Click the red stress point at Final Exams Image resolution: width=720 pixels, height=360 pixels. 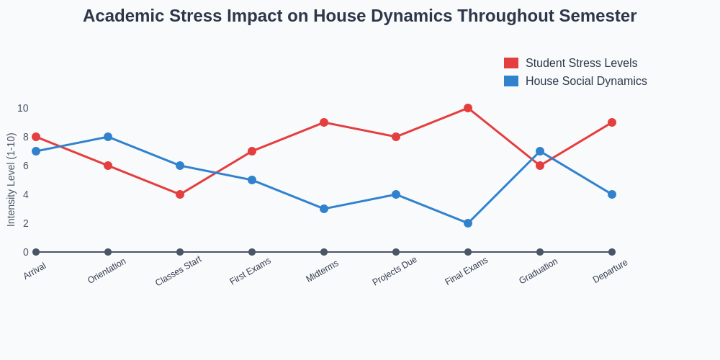[x=468, y=108]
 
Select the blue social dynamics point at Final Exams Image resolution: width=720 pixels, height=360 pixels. [x=468, y=223]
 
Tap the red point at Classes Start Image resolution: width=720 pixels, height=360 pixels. [x=180, y=194]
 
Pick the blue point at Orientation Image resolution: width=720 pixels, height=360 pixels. [x=108, y=137]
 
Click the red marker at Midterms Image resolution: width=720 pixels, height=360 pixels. [x=324, y=122]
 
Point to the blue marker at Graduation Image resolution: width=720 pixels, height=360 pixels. [x=540, y=151]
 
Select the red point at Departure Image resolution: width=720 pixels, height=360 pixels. [x=612, y=122]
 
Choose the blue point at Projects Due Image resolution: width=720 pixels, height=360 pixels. [x=396, y=194]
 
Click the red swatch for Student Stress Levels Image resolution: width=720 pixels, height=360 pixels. [x=511, y=63]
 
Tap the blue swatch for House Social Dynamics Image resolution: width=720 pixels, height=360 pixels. [x=511, y=81]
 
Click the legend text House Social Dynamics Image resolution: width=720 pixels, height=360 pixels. [x=586, y=81]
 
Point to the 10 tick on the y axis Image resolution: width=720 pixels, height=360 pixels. [x=23, y=108]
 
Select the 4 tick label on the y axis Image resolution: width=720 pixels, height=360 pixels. [x=25, y=194]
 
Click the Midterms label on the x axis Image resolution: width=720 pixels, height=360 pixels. [x=323, y=271]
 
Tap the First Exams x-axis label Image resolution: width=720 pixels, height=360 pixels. [x=251, y=271]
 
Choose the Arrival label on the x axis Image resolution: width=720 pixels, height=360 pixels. [x=35, y=271]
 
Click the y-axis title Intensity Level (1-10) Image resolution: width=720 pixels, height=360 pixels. [x=11, y=180]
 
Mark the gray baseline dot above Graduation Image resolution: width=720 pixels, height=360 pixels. [x=540, y=252]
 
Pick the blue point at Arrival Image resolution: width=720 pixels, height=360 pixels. [x=36, y=151]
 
